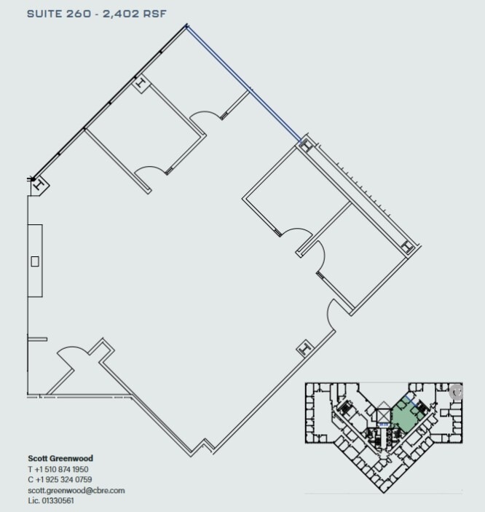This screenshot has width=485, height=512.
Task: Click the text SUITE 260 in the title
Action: point(53,13)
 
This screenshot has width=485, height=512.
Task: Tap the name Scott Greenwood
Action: point(60,459)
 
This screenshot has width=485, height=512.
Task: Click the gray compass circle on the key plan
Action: point(457,391)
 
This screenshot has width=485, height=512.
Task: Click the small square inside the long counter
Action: point(34,260)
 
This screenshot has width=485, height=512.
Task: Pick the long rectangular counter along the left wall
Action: point(34,260)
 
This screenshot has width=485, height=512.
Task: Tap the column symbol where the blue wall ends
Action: point(305,145)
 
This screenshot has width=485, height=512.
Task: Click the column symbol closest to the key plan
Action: point(304,350)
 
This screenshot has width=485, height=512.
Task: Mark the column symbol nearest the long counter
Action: point(39,184)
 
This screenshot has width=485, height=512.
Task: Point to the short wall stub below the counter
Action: point(36,338)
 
